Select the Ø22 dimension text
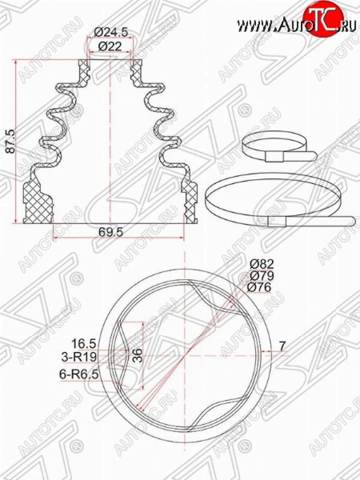tap(110, 46)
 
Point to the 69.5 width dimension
tap(111, 232)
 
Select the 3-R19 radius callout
tap(79, 357)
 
